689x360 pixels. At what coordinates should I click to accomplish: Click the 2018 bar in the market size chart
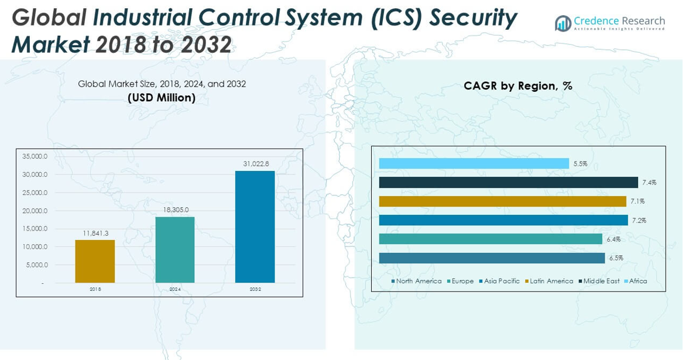(x=95, y=261)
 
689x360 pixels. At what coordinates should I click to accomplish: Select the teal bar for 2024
(x=174, y=250)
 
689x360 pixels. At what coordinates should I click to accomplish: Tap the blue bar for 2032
(x=255, y=227)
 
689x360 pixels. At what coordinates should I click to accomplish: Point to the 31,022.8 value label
(x=255, y=163)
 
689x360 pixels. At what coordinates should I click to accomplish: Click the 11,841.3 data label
(x=95, y=233)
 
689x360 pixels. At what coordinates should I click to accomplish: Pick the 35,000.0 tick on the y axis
(x=35, y=156)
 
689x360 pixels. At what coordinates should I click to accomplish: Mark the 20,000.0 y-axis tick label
(x=35, y=211)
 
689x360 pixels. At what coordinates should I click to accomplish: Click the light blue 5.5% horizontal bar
(x=474, y=163)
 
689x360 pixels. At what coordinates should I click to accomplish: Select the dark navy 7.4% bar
(x=508, y=183)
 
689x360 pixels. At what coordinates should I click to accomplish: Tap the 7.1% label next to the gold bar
(x=637, y=201)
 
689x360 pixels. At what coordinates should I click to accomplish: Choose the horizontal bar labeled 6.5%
(x=492, y=258)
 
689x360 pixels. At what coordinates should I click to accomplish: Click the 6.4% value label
(x=613, y=239)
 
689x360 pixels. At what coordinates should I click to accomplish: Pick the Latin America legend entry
(x=551, y=281)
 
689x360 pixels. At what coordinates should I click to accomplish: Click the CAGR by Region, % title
(x=517, y=86)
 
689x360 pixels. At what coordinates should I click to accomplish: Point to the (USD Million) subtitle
(x=162, y=98)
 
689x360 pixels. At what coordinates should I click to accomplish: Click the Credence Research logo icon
(x=563, y=23)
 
